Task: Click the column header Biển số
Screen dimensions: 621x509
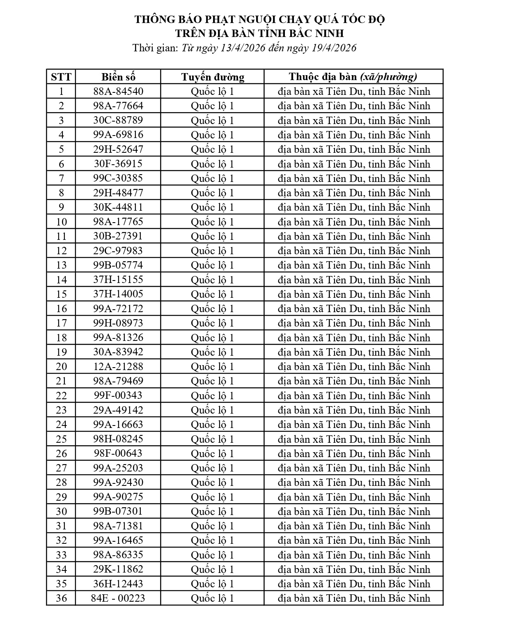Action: click(x=118, y=77)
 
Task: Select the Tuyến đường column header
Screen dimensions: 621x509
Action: click(x=213, y=77)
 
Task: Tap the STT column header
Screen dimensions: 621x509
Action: click(x=61, y=77)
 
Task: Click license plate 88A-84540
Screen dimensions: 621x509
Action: click(x=118, y=91)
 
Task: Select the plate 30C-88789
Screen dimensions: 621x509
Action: click(x=118, y=120)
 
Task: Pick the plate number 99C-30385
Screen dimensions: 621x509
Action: click(x=118, y=178)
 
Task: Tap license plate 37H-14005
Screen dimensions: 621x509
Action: click(x=118, y=294)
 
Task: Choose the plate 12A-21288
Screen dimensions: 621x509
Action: click(x=118, y=366)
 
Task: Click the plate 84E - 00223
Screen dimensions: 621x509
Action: click(x=118, y=598)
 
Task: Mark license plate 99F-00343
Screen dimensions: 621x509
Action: click(x=118, y=396)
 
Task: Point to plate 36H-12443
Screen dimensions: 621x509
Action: click(x=118, y=584)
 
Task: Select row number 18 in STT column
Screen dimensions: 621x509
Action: click(x=61, y=338)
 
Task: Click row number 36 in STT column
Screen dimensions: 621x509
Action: click(x=61, y=598)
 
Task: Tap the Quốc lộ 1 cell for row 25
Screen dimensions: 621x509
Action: click(x=212, y=439)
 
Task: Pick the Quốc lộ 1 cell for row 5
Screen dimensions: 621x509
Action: click(x=212, y=149)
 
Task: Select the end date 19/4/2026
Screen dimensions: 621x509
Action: click(x=334, y=48)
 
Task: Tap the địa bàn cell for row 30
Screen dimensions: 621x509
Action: click(x=354, y=511)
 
